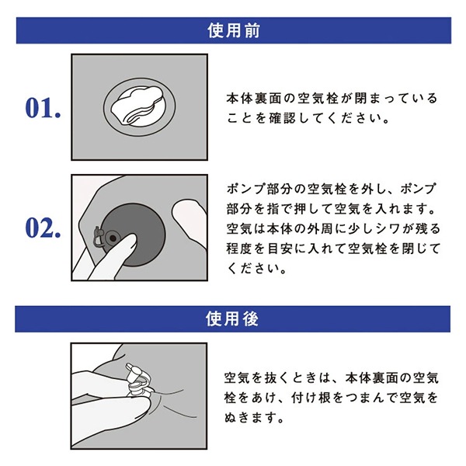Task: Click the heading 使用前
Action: coord(234,30)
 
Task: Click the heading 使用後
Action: coord(232,319)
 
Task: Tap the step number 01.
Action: coord(43,107)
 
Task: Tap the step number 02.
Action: coord(43,228)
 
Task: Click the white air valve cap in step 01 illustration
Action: coord(137,105)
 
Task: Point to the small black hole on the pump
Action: coord(113,238)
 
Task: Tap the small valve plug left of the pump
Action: coord(99,236)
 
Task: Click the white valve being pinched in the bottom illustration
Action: coord(138,381)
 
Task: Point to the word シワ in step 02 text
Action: coord(390,229)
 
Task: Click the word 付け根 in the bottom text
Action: coord(311,398)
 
